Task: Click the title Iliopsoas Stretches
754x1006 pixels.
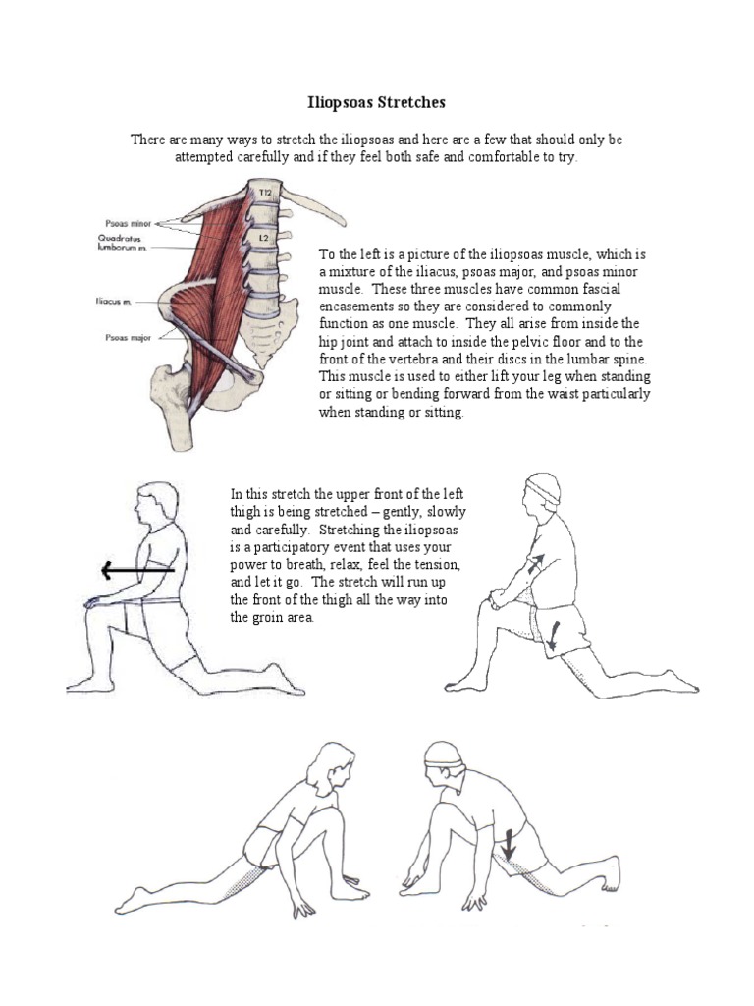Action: click(x=377, y=102)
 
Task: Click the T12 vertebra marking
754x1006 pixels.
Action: click(x=262, y=194)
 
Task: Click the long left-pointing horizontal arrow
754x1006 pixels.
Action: click(x=136, y=569)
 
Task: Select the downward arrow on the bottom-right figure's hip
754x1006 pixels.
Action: click(x=510, y=843)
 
